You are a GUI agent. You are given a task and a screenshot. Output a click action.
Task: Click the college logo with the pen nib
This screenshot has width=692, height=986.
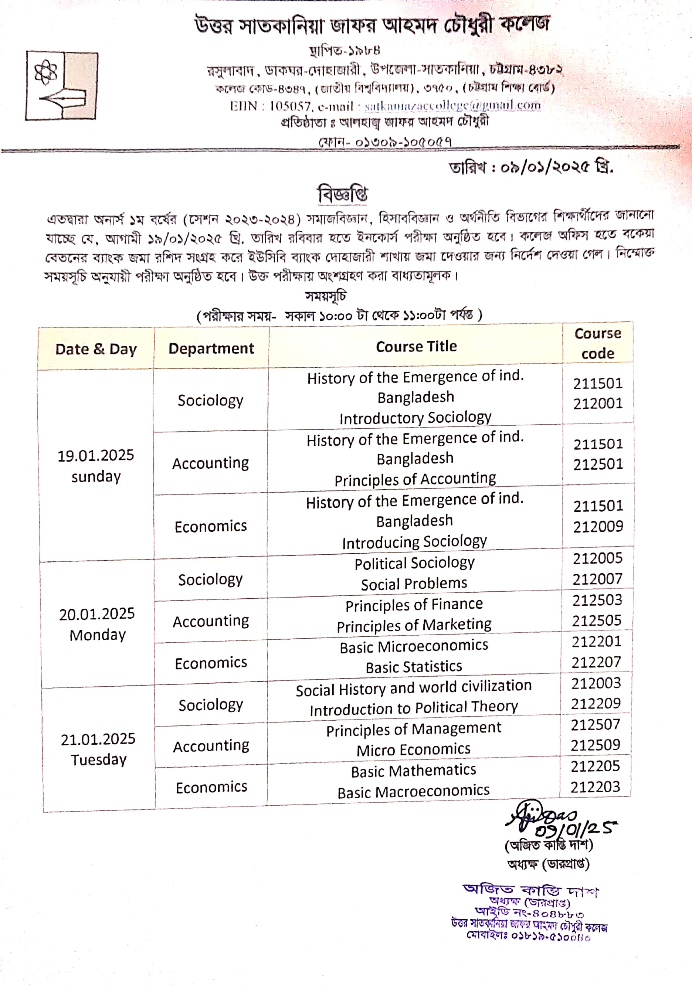(61, 85)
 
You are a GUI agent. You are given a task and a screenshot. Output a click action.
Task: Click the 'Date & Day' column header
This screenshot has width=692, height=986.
(96, 349)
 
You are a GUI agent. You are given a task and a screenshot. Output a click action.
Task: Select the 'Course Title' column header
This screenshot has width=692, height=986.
(416, 347)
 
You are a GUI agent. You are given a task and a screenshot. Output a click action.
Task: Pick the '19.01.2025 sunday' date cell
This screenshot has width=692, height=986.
(96, 466)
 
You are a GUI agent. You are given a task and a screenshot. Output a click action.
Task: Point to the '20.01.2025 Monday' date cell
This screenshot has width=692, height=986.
(97, 624)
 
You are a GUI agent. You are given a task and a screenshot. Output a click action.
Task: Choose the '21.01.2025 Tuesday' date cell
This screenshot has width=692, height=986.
(98, 749)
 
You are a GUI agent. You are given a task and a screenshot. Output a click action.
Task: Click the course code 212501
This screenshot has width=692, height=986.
(598, 464)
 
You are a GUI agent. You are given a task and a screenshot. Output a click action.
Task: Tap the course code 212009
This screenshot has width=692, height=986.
(598, 527)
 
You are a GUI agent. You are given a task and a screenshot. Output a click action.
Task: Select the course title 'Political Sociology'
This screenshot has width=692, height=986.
(414, 563)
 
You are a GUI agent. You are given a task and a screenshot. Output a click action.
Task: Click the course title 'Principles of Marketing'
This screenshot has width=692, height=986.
(414, 625)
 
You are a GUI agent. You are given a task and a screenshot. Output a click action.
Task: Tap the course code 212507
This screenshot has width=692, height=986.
(596, 725)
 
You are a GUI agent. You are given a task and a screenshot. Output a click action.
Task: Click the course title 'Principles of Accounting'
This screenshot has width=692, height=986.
(415, 479)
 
